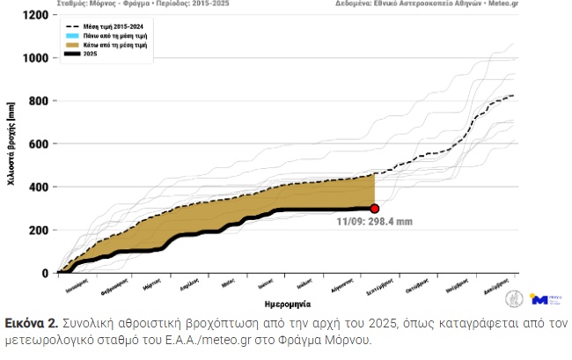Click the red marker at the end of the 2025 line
(375, 209)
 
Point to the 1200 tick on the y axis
(34, 16)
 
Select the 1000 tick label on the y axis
(34, 59)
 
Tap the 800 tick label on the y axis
(38, 101)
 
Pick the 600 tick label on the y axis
(38, 144)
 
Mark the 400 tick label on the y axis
(38, 187)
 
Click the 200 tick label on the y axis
(38, 230)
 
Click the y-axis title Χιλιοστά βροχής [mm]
(11, 145)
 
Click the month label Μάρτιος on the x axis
(152, 285)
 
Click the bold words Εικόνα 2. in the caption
(31, 323)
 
